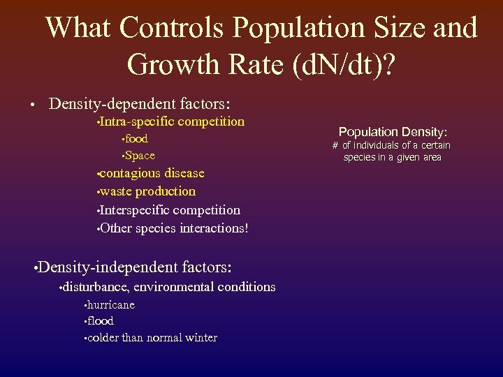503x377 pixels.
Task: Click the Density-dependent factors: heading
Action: [x=139, y=104]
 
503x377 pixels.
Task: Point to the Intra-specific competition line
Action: [x=173, y=122]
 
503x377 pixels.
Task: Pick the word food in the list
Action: [x=136, y=139]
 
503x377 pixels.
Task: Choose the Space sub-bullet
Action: [x=140, y=156]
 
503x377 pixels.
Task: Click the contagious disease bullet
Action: [x=152, y=173]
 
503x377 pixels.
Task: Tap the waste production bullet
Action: [x=147, y=191]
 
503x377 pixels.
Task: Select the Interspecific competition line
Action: [x=170, y=210]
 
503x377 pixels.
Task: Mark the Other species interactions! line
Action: [x=174, y=228]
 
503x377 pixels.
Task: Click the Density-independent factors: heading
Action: [x=135, y=267]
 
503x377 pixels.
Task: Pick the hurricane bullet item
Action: [x=111, y=305]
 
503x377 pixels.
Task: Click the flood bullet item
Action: [x=101, y=321]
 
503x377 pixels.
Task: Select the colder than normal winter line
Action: [x=152, y=338]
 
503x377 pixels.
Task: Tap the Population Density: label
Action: [x=393, y=131]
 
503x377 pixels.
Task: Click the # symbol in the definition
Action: [x=335, y=145]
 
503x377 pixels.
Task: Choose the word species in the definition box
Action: [x=359, y=157]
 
